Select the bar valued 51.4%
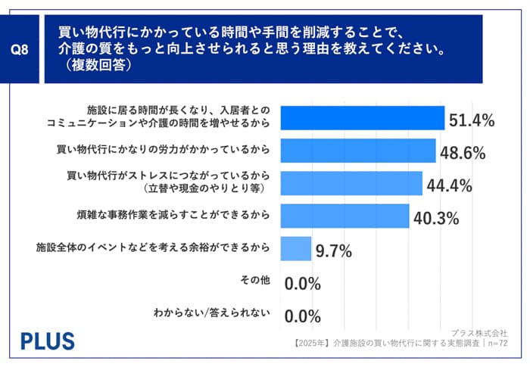click(x=362, y=118)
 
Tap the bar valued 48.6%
click(x=357, y=151)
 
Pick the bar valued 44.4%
click(x=351, y=183)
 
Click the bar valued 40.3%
click(x=344, y=216)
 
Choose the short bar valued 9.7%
click(x=295, y=248)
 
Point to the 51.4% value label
click(x=471, y=120)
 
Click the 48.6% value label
click(x=463, y=153)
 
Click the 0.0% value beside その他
click(x=303, y=284)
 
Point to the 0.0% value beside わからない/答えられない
click(x=303, y=316)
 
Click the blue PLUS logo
click(x=47, y=340)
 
